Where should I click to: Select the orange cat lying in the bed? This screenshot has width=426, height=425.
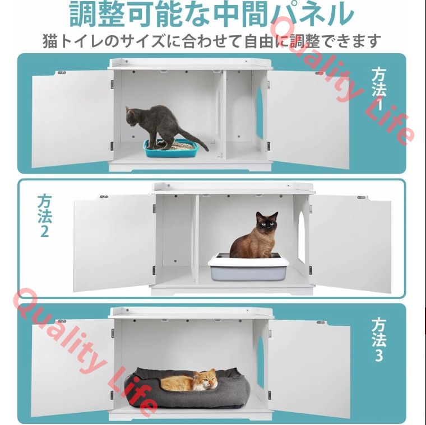pyautogui.click(x=190, y=380)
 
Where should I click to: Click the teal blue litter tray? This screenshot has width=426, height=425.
pyautogui.click(x=170, y=148)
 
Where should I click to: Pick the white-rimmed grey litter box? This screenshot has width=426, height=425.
pyautogui.click(x=248, y=267)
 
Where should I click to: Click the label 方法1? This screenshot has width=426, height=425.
pyautogui.click(x=379, y=89)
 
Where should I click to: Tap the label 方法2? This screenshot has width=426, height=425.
pyautogui.click(x=45, y=216)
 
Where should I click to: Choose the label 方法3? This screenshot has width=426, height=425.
pyautogui.click(x=379, y=340)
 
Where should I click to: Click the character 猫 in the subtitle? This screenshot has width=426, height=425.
pyautogui.click(x=50, y=41)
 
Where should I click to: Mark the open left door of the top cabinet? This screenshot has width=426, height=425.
pyautogui.click(x=72, y=119)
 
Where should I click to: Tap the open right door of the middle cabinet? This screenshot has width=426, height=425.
pyautogui.click(x=350, y=244)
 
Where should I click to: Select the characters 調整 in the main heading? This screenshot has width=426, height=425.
pyautogui.click(x=96, y=13)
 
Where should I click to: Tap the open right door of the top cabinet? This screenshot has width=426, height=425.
pyautogui.click(x=308, y=120)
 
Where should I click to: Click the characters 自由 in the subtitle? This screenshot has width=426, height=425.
pyautogui.click(x=260, y=41)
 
